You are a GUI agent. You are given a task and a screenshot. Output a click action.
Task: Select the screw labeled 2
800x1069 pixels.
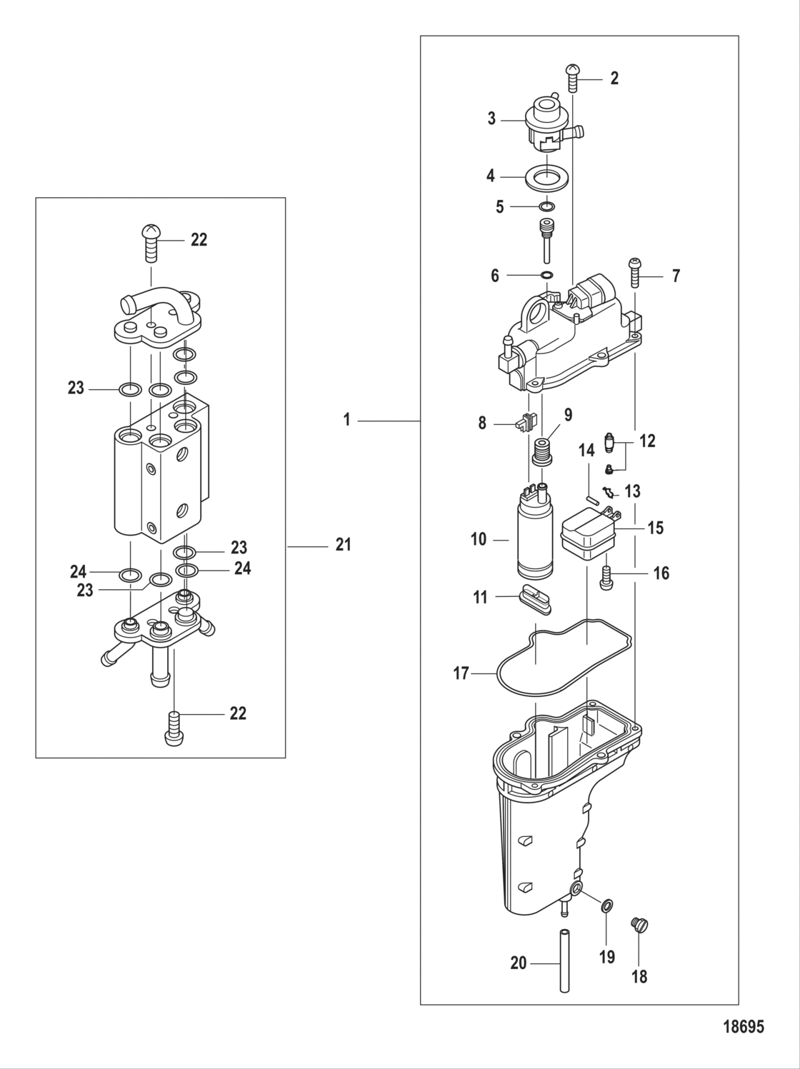coord(573,77)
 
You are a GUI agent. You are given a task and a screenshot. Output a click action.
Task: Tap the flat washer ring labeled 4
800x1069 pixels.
coord(546,178)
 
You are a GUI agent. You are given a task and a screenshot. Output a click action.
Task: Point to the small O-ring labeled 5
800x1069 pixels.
coord(546,207)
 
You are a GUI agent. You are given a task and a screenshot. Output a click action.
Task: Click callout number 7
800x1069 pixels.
coord(676,276)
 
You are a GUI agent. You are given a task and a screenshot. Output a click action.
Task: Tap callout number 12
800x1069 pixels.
coord(646,441)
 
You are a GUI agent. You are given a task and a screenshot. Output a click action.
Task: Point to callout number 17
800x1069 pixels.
coord(461,673)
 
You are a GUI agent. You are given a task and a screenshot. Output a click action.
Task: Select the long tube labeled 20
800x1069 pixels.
coord(564,960)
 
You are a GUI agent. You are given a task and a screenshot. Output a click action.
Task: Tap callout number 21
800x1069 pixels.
coord(344,545)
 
